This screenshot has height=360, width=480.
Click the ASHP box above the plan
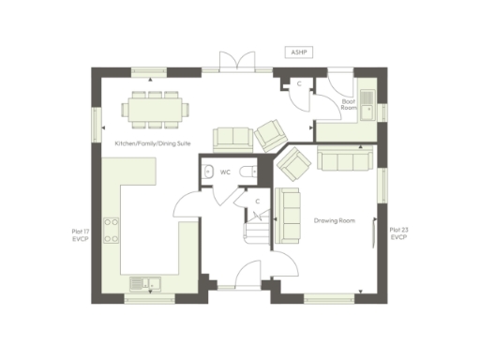pyautogui.click(x=298, y=53)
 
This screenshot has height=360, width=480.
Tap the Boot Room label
pyautogui.click(x=349, y=103)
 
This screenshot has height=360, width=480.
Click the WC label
pyautogui.click(x=225, y=172)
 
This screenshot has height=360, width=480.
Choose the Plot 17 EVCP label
pyautogui.click(x=80, y=234)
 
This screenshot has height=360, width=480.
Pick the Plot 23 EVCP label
pyautogui.click(x=398, y=234)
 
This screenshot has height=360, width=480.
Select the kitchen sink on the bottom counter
pyautogui.click(x=145, y=281)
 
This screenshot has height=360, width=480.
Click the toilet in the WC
pyautogui.click(x=247, y=172)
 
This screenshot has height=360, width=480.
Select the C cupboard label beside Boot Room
pyautogui.click(x=298, y=83)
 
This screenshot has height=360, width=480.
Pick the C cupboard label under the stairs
pyautogui.click(x=256, y=200)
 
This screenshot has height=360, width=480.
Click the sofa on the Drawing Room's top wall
pyautogui.click(x=345, y=159)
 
